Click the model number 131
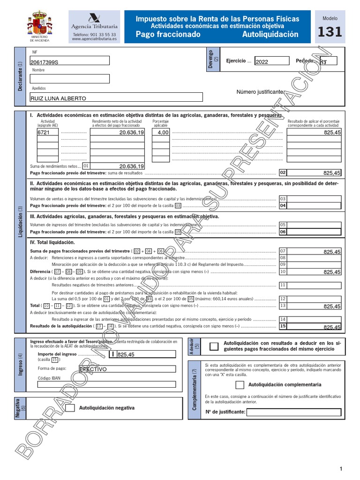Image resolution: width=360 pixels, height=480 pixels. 330,32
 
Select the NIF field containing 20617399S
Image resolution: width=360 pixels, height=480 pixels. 69,61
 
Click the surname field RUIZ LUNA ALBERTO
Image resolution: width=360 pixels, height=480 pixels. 116,97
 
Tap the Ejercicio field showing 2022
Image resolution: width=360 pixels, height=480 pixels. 272,61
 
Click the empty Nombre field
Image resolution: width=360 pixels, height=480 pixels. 69,79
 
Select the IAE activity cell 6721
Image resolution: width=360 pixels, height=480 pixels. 48,133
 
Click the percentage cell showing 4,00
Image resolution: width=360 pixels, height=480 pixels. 161,133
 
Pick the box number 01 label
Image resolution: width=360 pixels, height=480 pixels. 86,166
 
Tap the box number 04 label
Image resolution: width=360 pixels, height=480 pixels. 283,206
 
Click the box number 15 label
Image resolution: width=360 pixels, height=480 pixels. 283,326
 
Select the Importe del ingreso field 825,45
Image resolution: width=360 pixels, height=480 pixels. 146,354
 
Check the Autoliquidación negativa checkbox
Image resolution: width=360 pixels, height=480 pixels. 70,408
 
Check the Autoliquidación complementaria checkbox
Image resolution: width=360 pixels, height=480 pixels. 240,385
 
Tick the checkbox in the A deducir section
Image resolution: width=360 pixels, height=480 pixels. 214,346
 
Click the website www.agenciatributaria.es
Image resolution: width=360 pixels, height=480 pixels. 94,40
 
